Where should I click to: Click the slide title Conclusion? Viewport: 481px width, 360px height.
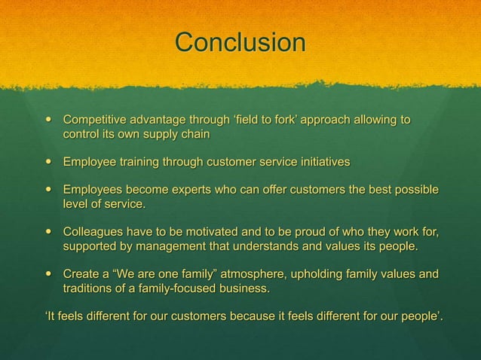240,42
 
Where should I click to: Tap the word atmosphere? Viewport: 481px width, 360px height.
250,273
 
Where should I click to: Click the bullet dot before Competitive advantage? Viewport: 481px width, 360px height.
49,121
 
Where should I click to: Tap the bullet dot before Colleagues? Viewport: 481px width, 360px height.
49,230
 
